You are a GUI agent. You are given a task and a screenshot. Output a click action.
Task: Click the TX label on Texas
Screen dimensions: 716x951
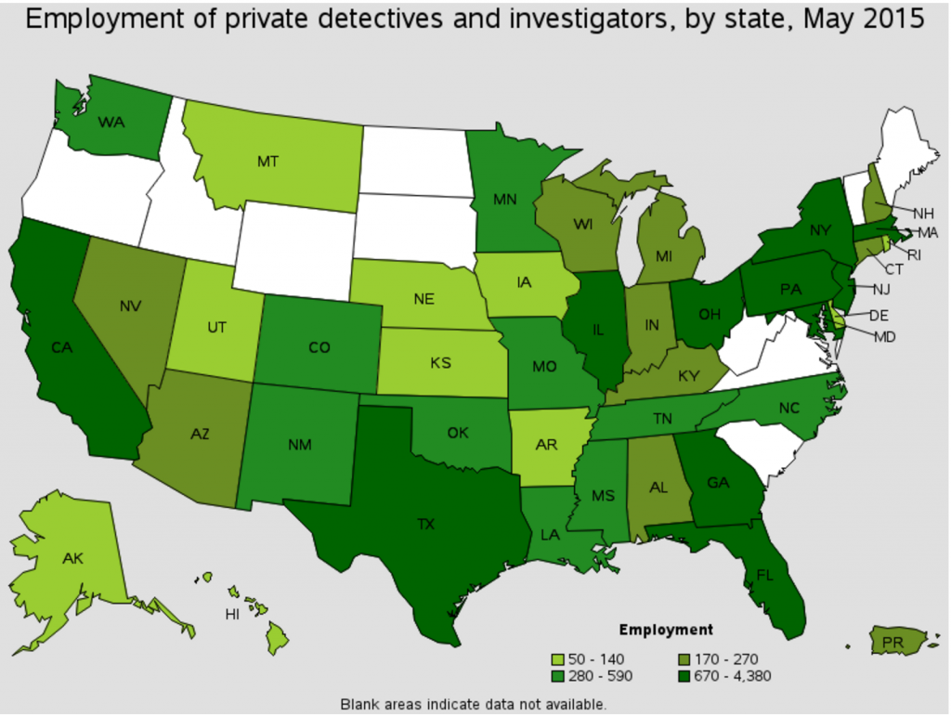425,525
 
